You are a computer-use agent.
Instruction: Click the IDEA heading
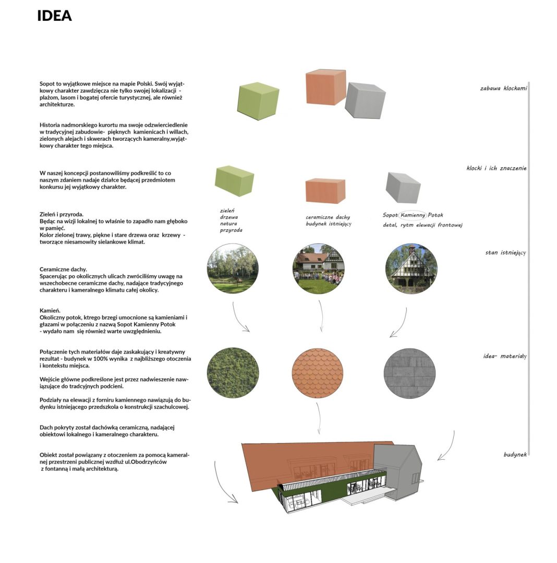(x=55, y=16)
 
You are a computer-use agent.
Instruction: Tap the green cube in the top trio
(x=258, y=101)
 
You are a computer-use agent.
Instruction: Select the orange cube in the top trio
(x=325, y=88)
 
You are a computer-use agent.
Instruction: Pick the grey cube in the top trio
(x=365, y=101)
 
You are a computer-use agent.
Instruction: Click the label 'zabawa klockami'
(x=503, y=88)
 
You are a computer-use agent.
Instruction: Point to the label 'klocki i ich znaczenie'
(x=497, y=168)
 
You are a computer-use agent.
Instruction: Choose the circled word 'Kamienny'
(x=413, y=215)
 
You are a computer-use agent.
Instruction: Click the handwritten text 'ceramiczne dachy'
(x=328, y=217)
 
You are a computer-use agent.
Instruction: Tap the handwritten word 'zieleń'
(x=227, y=211)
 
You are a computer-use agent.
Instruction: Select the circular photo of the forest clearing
(x=233, y=268)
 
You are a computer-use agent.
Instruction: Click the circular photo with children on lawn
(x=319, y=268)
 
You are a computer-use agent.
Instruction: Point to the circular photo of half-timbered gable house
(x=411, y=269)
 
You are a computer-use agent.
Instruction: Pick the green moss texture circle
(x=233, y=372)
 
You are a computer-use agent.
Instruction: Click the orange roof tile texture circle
(x=318, y=373)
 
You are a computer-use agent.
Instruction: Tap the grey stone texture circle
(x=409, y=373)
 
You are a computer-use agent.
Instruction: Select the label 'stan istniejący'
(x=506, y=252)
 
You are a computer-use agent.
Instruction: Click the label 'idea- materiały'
(x=505, y=356)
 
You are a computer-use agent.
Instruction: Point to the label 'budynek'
(x=515, y=455)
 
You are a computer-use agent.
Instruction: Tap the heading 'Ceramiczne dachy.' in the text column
(x=63, y=270)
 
